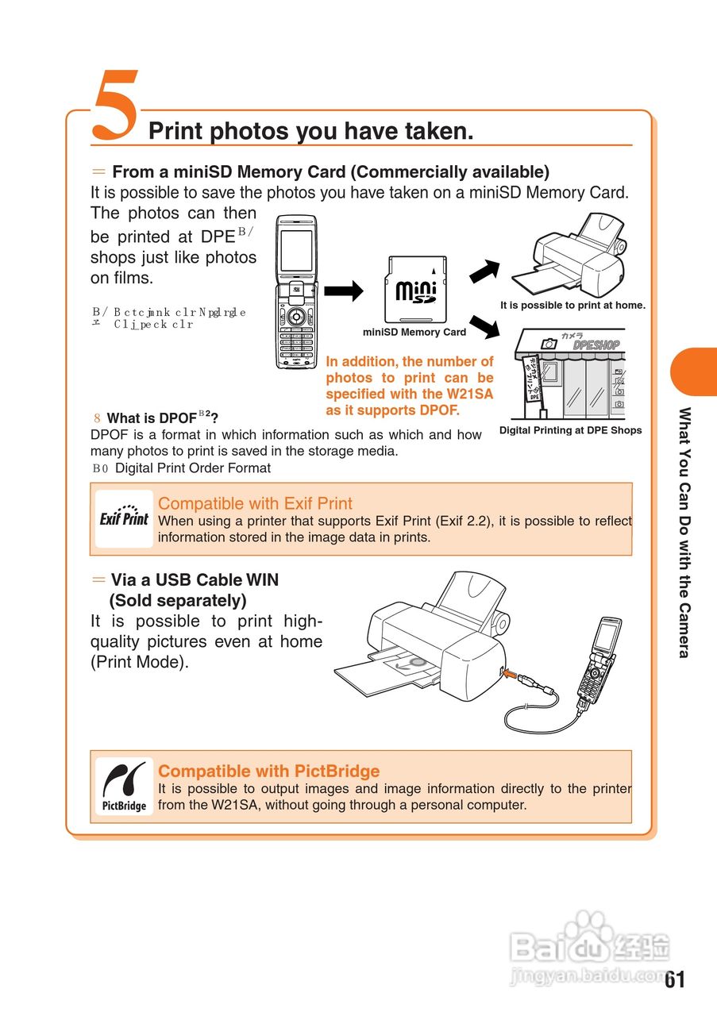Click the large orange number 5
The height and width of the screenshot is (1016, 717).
point(116,106)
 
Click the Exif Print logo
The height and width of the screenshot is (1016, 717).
point(124,518)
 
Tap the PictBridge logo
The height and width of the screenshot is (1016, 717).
point(124,786)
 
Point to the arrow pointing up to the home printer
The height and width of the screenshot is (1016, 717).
point(484,271)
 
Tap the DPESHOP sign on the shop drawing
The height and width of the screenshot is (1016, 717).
point(596,345)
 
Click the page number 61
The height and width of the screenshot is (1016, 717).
point(674,979)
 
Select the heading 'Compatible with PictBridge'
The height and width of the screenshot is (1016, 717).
point(268,771)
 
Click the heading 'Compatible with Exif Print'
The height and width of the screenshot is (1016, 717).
point(255,503)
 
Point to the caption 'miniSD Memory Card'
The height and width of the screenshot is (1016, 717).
point(414,333)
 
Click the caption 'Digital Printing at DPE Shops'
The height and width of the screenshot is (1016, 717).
point(570,430)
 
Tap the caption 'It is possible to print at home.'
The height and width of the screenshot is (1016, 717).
point(572,306)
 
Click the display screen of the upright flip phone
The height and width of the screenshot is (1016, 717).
point(297,254)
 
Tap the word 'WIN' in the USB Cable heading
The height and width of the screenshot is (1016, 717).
point(262,580)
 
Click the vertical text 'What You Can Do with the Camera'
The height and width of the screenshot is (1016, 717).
point(684,532)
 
